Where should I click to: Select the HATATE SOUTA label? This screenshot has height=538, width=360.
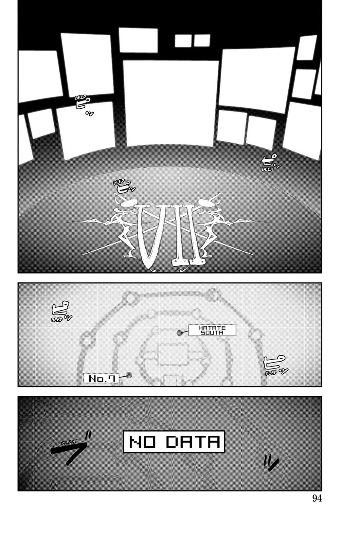[212, 330]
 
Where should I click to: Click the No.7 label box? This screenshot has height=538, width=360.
[101, 379]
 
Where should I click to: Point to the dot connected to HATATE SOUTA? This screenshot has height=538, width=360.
[179, 332]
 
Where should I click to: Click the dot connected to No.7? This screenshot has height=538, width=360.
[129, 375]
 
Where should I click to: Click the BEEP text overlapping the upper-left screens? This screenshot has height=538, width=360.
[81, 98]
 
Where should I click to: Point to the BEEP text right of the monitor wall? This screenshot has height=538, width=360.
[267, 169]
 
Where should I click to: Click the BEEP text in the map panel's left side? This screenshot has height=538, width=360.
[57, 320]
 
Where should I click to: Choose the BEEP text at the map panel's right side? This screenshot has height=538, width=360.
[271, 373]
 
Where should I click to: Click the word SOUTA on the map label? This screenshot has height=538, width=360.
[212, 332]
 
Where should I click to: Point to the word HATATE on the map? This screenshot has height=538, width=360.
[212, 328]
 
